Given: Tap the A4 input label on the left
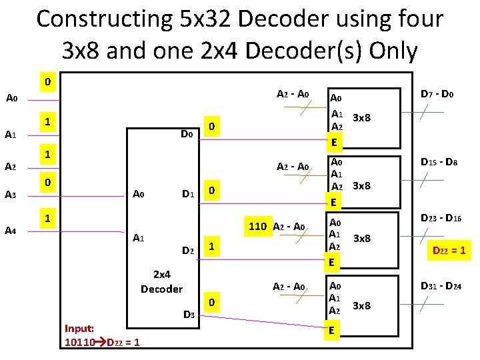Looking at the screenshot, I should coord(11,231).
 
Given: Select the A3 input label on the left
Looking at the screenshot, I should coord(11,195).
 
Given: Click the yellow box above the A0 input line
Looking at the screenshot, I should coord(47,82).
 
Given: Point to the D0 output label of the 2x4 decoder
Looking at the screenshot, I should coord(187,135).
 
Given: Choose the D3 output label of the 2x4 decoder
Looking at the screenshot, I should coord(189,313).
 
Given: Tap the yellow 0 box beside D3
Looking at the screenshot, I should coord(211,303).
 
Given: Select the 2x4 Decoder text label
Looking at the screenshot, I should coord(161,281).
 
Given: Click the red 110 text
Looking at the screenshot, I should coord(257,227).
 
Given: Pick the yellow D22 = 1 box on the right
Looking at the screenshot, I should coord(449,251).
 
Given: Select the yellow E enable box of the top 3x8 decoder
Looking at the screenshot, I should coord(337,142).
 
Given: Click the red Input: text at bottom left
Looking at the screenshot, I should coord(79,328).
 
